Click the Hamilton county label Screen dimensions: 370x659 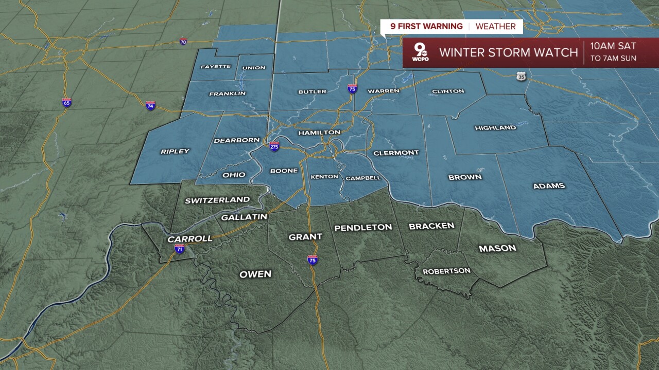[x=319, y=133]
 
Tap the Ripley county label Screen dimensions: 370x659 [x=175, y=152]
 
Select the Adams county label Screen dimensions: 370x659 [x=549, y=186]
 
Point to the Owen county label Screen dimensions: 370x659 [x=255, y=274]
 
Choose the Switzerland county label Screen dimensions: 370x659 [x=217, y=200]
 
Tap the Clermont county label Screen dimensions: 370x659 [x=396, y=153]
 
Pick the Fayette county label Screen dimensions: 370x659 [x=216, y=67]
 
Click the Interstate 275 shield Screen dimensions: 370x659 [x=274, y=146]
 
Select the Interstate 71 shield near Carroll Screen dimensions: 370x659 [x=179, y=249]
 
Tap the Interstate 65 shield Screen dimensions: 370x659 [x=66, y=102]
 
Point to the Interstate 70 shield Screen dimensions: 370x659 [x=183, y=42]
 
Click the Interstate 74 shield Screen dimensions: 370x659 [x=150, y=105]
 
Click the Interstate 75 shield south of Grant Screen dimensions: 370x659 [x=313, y=260]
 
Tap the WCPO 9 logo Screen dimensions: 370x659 [x=421, y=53]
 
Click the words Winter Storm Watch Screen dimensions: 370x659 [x=509, y=52]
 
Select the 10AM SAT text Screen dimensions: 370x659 [x=613, y=47]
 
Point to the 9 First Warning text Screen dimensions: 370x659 [x=425, y=26]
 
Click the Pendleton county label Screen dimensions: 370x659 [x=363, y=228]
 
